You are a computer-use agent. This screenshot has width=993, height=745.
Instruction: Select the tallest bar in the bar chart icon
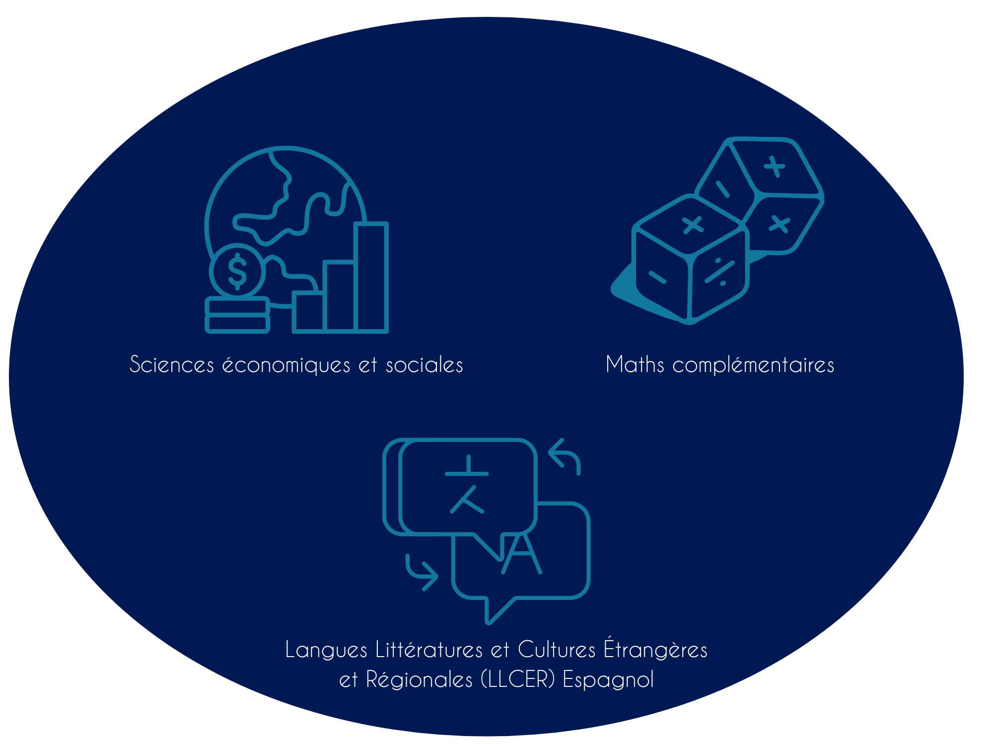[371, 277]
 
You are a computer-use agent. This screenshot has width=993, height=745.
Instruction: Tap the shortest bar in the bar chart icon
[308, 311]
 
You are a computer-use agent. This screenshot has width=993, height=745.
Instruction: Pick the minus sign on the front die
[657, 277]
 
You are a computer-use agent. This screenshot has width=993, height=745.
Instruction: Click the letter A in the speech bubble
[521, 554]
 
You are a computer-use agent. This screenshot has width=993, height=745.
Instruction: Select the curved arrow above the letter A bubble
[565, 455]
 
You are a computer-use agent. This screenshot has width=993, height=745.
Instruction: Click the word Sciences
[172, 365]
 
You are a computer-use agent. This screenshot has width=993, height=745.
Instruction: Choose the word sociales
[425, 365]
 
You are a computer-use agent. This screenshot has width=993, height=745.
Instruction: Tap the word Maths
[635, 365]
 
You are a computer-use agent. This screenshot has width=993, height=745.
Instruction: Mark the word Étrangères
[655, 649]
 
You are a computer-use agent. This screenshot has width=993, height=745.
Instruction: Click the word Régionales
[419, 679]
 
